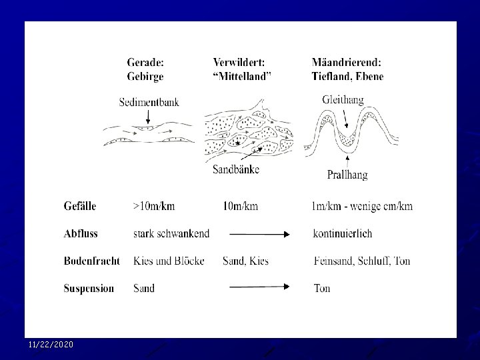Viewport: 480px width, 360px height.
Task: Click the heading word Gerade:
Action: click(145, 63)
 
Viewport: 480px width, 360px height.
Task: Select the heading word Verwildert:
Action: click(239, 63)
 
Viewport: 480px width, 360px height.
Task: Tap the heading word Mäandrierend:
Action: click(347, 63)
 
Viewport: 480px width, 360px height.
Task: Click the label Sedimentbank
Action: click(149, 102)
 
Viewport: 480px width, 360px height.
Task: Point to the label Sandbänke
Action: click(236, 169)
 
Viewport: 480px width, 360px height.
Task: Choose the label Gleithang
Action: click(343, 100)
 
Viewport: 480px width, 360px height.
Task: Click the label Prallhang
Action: click(347, 175)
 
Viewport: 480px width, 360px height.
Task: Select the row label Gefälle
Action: click(80, 206)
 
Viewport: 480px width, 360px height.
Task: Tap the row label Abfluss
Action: click(81, 233)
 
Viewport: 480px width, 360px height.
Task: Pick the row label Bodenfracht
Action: click(91, 261)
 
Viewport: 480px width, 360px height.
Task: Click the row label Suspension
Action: click(89, 289)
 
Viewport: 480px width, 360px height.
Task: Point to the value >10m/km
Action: click(154, 206)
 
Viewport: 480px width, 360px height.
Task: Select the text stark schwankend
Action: click(171, 233)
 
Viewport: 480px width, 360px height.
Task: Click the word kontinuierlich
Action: click(343, 233)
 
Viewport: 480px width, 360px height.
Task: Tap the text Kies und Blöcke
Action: click(169, 261)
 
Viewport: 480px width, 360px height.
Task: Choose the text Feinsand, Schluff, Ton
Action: click(362, 261)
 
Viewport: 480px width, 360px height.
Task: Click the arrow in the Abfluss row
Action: click(259, 235)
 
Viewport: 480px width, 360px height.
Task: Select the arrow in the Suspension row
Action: click(259, 287)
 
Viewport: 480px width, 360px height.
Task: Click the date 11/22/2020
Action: click(51, 345)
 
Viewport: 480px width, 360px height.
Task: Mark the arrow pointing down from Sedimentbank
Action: click(148, 117)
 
